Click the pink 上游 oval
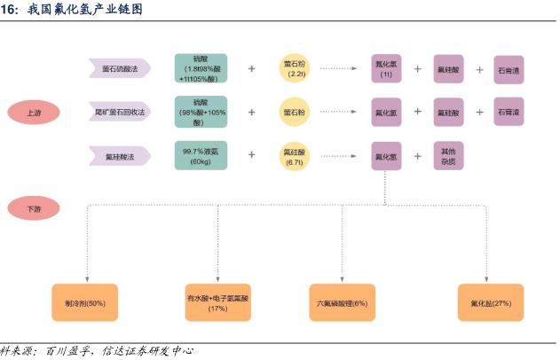[34, 113]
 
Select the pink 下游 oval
[34, 209]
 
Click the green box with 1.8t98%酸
[201, 68]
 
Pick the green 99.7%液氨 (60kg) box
[201, 157]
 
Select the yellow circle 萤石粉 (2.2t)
[295, 68]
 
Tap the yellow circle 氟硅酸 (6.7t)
[295, 157]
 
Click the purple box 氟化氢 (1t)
[386, 68]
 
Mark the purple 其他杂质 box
[448, 157]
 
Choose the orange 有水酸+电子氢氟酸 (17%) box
[217, 303]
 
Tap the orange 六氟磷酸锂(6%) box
[341, 303]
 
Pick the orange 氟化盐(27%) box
[490, 303]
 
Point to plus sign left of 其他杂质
[417, 157]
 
